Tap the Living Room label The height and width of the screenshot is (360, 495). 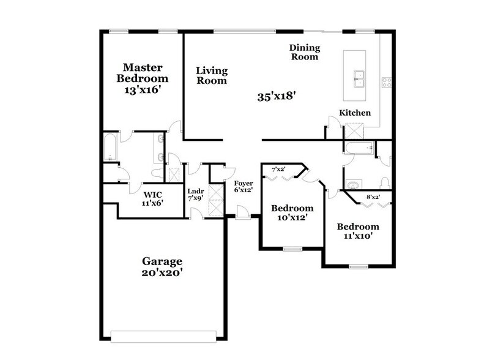[212, 75]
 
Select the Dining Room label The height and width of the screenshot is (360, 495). [304, 52]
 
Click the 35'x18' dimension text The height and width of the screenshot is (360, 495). [277, 96]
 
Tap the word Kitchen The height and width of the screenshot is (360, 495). [355, 113]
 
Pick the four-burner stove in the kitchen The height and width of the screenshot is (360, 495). [386, 81]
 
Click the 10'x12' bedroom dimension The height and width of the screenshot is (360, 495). [292, 216]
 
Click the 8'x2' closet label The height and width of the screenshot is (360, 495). [373, 197]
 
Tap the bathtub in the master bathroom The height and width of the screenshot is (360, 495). [111, 148]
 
